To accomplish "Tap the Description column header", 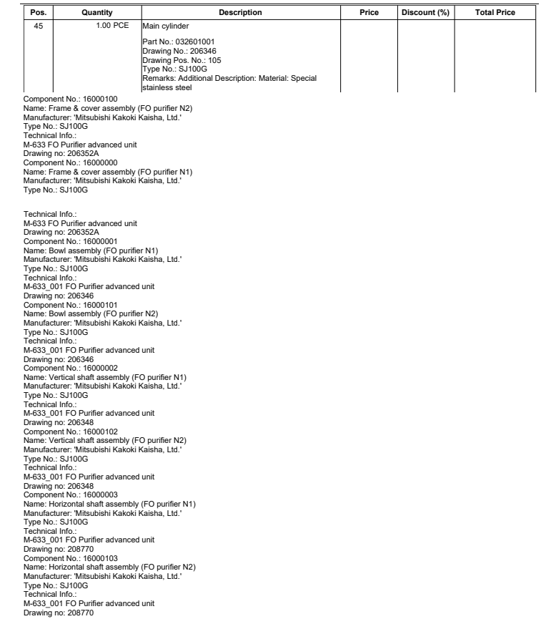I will (x=240, y=12).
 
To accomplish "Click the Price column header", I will (x=369, y=12).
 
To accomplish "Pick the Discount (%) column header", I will (x=425, y=12).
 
